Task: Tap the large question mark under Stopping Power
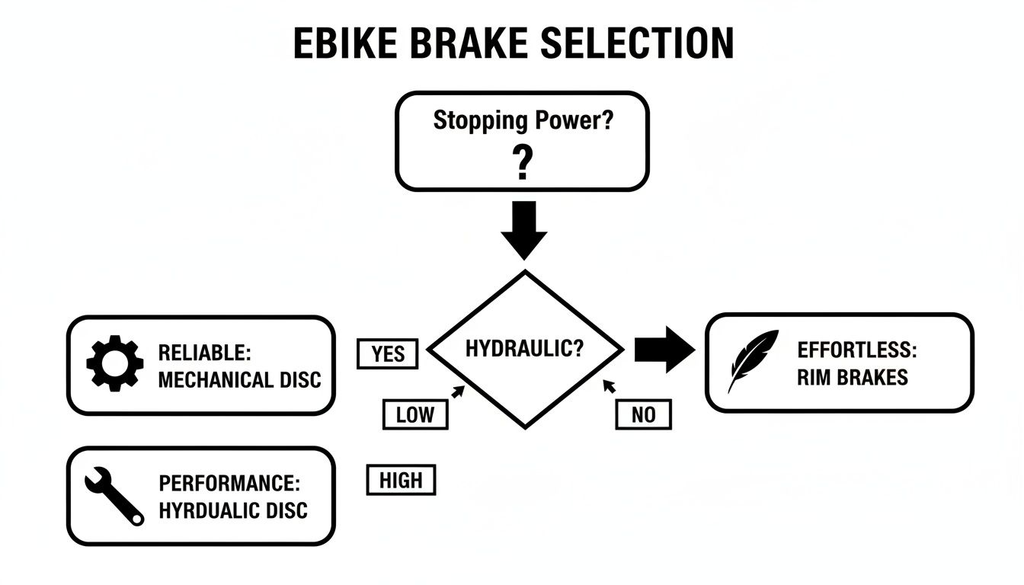(x=522, y=163)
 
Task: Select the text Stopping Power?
(x=522, y=120)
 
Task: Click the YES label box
(x=387, y=354)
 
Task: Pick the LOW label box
(x=414, y=415)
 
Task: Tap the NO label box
(x=643, y=415)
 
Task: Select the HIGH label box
(x=400, y=481)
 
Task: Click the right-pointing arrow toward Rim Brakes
(x=664, y=350)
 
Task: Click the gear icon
(x=114, y=364)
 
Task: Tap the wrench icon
(x=114, y=496)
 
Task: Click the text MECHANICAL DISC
(x=239, y=379)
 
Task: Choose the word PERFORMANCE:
(x=229, y=484)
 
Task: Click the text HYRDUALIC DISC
(x=233, y=510)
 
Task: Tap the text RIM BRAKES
(x=853, y=378)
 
